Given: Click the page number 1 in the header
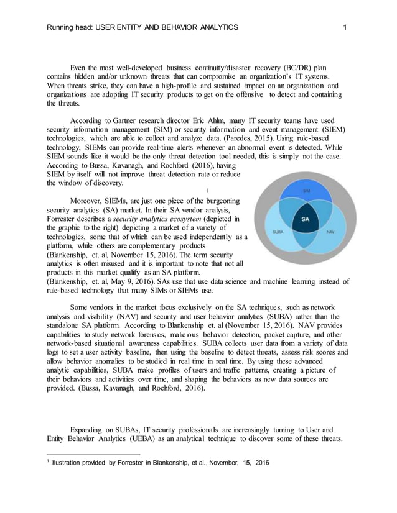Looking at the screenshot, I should (x=344, y=27).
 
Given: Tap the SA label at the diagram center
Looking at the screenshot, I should (x=306, y=219).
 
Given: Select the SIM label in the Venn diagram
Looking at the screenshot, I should (x=306, y=191).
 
